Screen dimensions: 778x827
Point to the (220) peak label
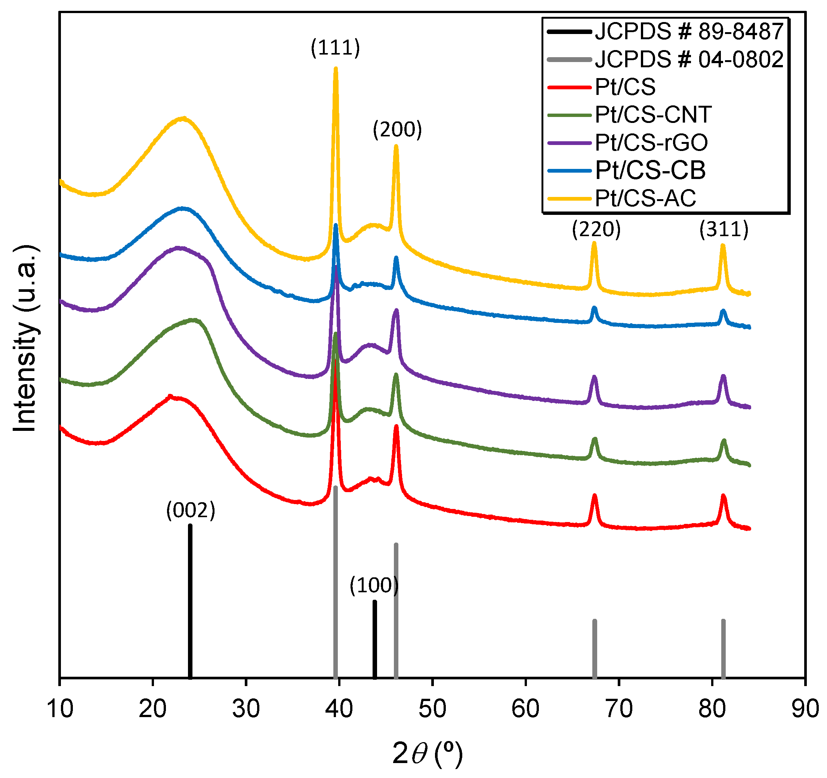(x=596, y=229)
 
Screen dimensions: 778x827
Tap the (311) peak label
(x=724, y=229)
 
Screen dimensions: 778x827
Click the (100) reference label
(x=374, y=586)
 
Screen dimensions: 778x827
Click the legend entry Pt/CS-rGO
(x=651, y=143)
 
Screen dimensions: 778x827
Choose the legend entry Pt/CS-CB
(x=650, y=170)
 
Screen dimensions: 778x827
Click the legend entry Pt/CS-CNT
(x=653, y=115)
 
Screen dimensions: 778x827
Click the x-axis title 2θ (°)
(x=427, y=753)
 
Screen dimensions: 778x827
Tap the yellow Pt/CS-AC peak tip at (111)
(x=336, y=69)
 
